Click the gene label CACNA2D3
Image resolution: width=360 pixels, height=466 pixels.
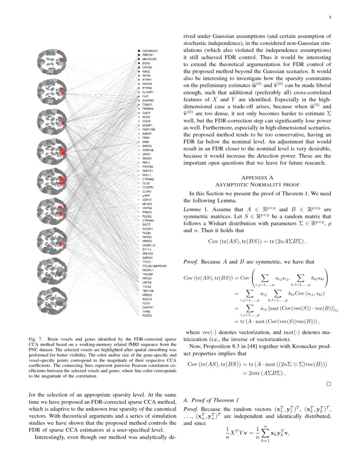pos(150,51)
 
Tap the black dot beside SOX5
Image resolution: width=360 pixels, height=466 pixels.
pos(139,63)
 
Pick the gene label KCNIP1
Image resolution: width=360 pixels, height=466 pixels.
pos(148,125)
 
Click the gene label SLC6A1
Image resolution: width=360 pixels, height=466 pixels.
pos(148,229)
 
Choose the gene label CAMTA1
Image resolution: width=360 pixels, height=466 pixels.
pos(148,307)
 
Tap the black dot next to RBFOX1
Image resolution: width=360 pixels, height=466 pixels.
pos(139,55)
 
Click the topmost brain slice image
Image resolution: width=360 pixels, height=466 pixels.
pos(51,61)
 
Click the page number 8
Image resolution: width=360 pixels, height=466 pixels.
pos(330,17)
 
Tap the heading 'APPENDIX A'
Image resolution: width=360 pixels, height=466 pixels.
pos(257,178)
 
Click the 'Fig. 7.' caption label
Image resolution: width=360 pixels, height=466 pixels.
pos(35,339)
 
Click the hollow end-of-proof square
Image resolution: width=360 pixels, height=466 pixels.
pos(329,384)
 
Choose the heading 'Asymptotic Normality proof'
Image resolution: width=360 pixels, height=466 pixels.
pos(257,185)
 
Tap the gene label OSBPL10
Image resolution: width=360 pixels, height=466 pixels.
pos(149,245)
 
